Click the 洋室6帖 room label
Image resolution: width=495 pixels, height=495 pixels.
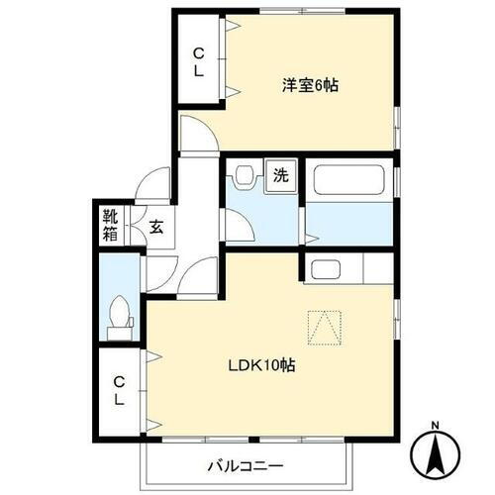click(310, 86)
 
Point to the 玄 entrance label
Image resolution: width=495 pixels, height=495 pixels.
click(156, 226)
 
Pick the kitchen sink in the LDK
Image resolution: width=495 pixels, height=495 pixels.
click(322, 267)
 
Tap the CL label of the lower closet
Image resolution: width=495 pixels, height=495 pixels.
click(119, 390)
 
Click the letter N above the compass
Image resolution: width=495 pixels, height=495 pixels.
click(435, 428)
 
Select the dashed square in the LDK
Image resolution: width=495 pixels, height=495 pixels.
click(326, 326)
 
